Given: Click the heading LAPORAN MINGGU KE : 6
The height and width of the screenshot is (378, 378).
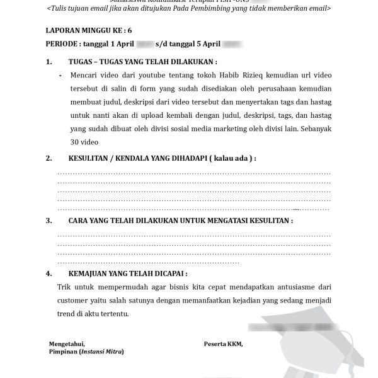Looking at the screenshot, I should [x=89, y=30].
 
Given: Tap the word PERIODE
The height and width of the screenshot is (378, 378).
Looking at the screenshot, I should [x=63, y=45].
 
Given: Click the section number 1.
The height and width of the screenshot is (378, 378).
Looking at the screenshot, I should [x=49, y=62].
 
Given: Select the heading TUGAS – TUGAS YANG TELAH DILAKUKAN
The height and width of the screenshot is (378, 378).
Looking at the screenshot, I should [x=142, y=62].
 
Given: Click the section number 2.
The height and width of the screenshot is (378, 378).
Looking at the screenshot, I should [x=49, y=159].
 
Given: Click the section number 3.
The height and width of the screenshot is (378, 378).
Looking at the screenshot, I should [x=49, y=221].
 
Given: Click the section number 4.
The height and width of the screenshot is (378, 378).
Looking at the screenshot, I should [x=49, y=275].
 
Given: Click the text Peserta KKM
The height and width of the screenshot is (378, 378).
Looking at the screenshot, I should [x=222, y=343].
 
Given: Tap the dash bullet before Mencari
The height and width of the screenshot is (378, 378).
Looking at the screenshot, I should [x=60, y=75].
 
